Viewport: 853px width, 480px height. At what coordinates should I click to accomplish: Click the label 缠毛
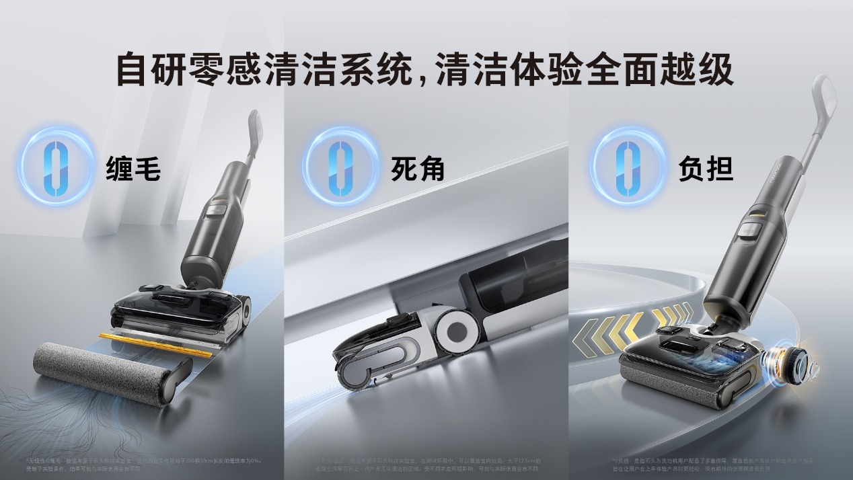(133, 169)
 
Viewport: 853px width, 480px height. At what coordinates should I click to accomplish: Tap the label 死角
(418, 169)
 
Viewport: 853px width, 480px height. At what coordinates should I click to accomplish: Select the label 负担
(705, 169)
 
